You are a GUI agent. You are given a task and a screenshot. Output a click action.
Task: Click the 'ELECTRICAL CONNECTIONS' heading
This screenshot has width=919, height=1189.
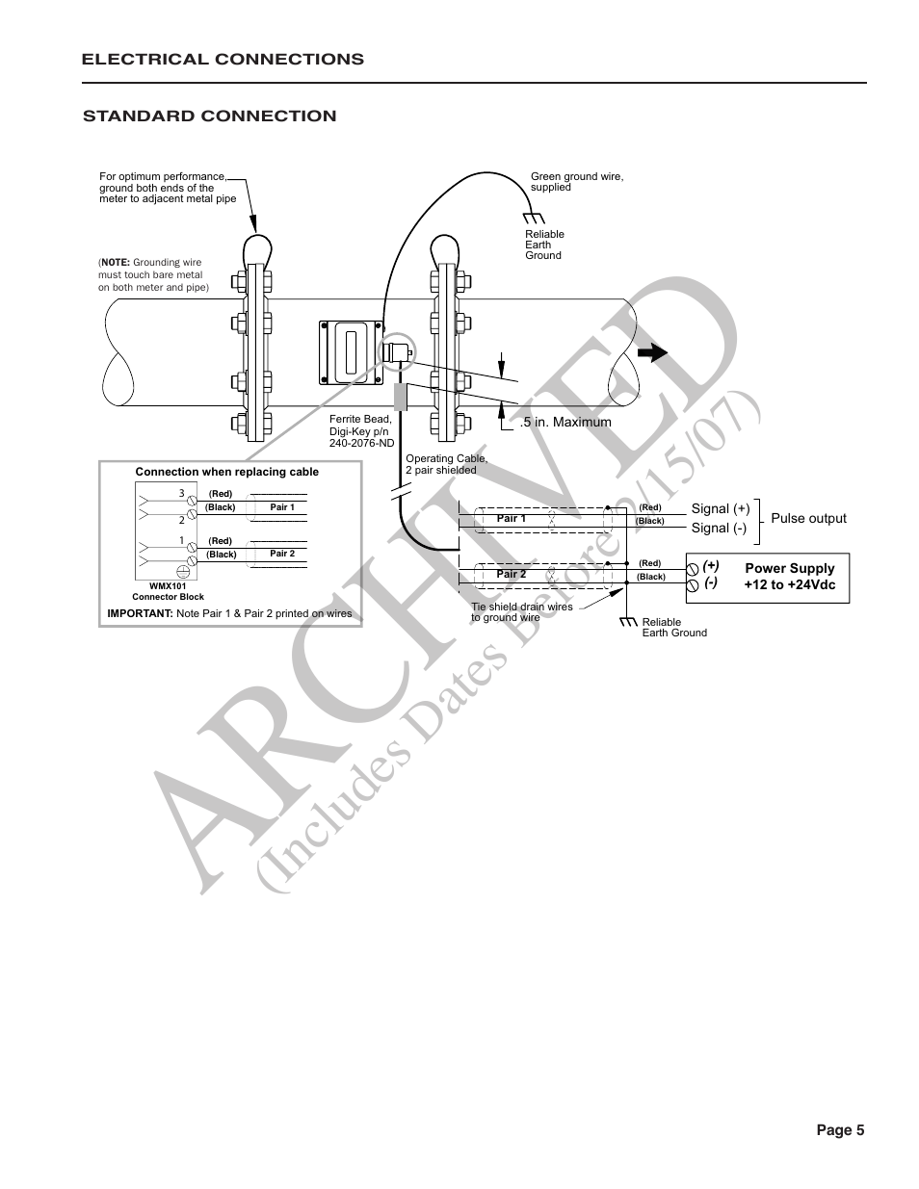click(x=223, y=59)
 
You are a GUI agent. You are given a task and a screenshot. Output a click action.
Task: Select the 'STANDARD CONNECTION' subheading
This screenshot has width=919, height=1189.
click(x=210, y=116)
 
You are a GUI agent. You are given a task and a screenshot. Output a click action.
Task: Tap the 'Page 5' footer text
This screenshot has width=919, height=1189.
click(x=840, y=1130)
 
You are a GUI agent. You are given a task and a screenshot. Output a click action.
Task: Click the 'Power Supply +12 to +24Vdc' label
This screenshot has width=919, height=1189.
click(x=789, y=577)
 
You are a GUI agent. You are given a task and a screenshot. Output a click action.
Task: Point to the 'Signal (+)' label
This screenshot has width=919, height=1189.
click(x=720, y=508)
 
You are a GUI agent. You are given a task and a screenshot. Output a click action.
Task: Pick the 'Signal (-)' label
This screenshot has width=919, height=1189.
click(x=719, y=528)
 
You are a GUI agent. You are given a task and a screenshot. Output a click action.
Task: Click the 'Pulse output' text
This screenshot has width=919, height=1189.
click(x=808, y=518)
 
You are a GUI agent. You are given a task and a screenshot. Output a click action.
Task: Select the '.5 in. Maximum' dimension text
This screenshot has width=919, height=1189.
click(x=565, y=422)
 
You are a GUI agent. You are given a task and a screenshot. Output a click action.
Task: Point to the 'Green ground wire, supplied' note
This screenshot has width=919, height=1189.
click(x=577, y=181)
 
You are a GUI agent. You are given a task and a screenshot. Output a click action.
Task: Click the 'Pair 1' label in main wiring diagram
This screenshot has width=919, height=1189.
click(x=511, y=518)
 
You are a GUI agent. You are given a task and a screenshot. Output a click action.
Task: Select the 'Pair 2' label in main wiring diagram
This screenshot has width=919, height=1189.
click(x=511, y=574)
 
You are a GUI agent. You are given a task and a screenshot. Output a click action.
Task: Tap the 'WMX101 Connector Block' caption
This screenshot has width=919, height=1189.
click(x=168, y=591)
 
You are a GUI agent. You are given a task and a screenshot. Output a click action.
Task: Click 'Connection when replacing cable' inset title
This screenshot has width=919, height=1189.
click(x=226, y=472)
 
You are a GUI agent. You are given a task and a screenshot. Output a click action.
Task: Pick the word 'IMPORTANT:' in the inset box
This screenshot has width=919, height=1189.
click(x=140, y=613)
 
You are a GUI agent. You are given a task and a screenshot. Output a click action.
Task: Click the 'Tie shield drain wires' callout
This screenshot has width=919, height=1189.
click(x=521, y=611)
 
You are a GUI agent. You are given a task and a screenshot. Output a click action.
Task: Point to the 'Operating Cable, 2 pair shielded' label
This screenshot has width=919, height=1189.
click(x=446, y=464)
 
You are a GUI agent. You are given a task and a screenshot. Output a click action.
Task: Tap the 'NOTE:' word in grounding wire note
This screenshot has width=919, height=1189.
click(x=115, y=262)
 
